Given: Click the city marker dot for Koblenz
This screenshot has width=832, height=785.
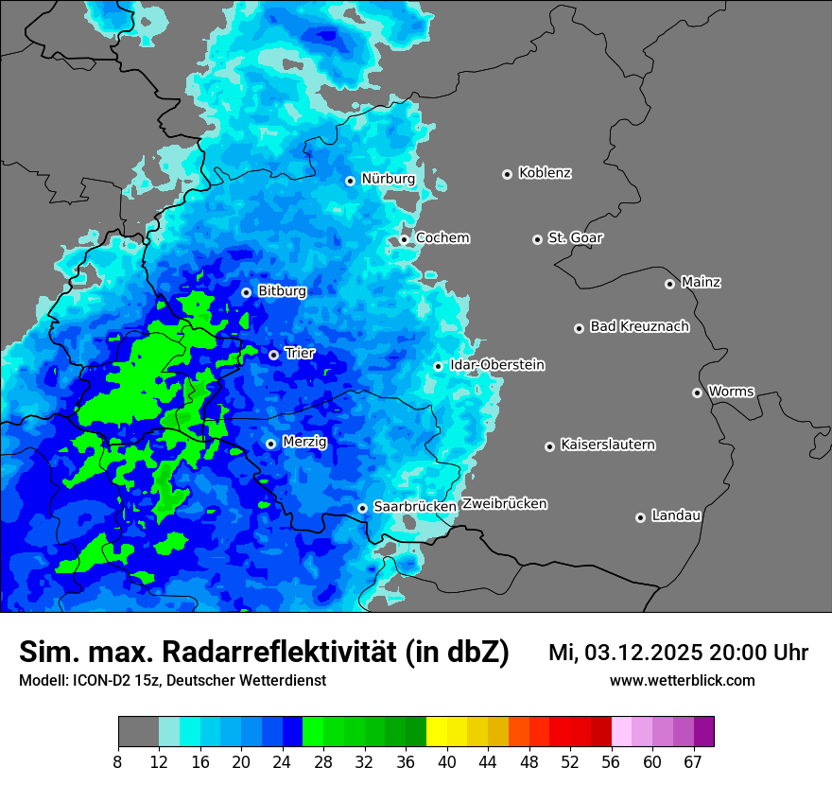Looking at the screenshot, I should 507,174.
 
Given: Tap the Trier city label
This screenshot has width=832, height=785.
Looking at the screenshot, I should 300,353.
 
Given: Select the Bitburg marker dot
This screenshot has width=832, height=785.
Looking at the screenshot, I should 246,292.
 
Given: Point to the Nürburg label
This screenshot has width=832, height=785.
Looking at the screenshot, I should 388,179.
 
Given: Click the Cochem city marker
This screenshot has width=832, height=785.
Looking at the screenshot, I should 404,239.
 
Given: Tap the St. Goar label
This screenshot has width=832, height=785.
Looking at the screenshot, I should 575,237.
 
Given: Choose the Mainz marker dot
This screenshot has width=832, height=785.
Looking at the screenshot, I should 669,284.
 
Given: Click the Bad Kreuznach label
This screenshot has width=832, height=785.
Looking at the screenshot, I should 639,326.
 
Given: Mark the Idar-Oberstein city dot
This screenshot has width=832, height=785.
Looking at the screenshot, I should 438,366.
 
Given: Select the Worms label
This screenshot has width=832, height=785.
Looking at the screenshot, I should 731,391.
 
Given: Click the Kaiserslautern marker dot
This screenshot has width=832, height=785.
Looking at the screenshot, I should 549,446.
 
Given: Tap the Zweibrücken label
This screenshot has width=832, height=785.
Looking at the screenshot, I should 504,503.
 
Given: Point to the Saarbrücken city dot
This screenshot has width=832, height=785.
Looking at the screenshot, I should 362,508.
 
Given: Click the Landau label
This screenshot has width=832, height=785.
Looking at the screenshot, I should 676,515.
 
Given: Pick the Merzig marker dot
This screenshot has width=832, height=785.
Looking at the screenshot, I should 270,444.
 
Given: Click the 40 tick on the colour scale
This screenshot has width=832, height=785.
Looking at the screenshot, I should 447,762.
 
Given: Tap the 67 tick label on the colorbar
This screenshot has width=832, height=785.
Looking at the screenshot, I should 693,762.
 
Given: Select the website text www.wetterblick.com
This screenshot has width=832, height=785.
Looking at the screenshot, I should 682,680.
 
